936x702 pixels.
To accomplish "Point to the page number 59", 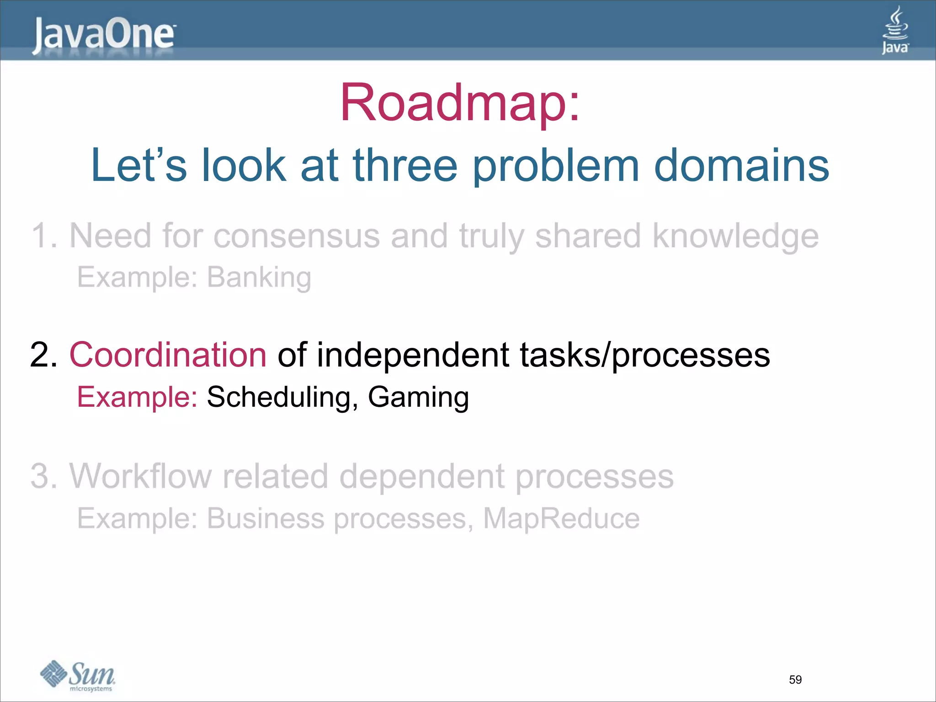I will pos(795,680).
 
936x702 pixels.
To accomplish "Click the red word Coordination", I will pos(168,355).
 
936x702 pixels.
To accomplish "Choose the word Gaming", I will pos(418,397).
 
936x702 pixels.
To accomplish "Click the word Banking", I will pos(259,277).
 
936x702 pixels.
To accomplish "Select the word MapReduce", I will pos(561,518).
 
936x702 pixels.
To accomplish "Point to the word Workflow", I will pos(140,476).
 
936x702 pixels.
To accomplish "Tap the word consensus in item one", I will pos(297,236).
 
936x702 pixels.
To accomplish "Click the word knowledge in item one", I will pos(735,236).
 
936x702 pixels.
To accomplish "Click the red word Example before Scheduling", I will pos(137,397).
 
